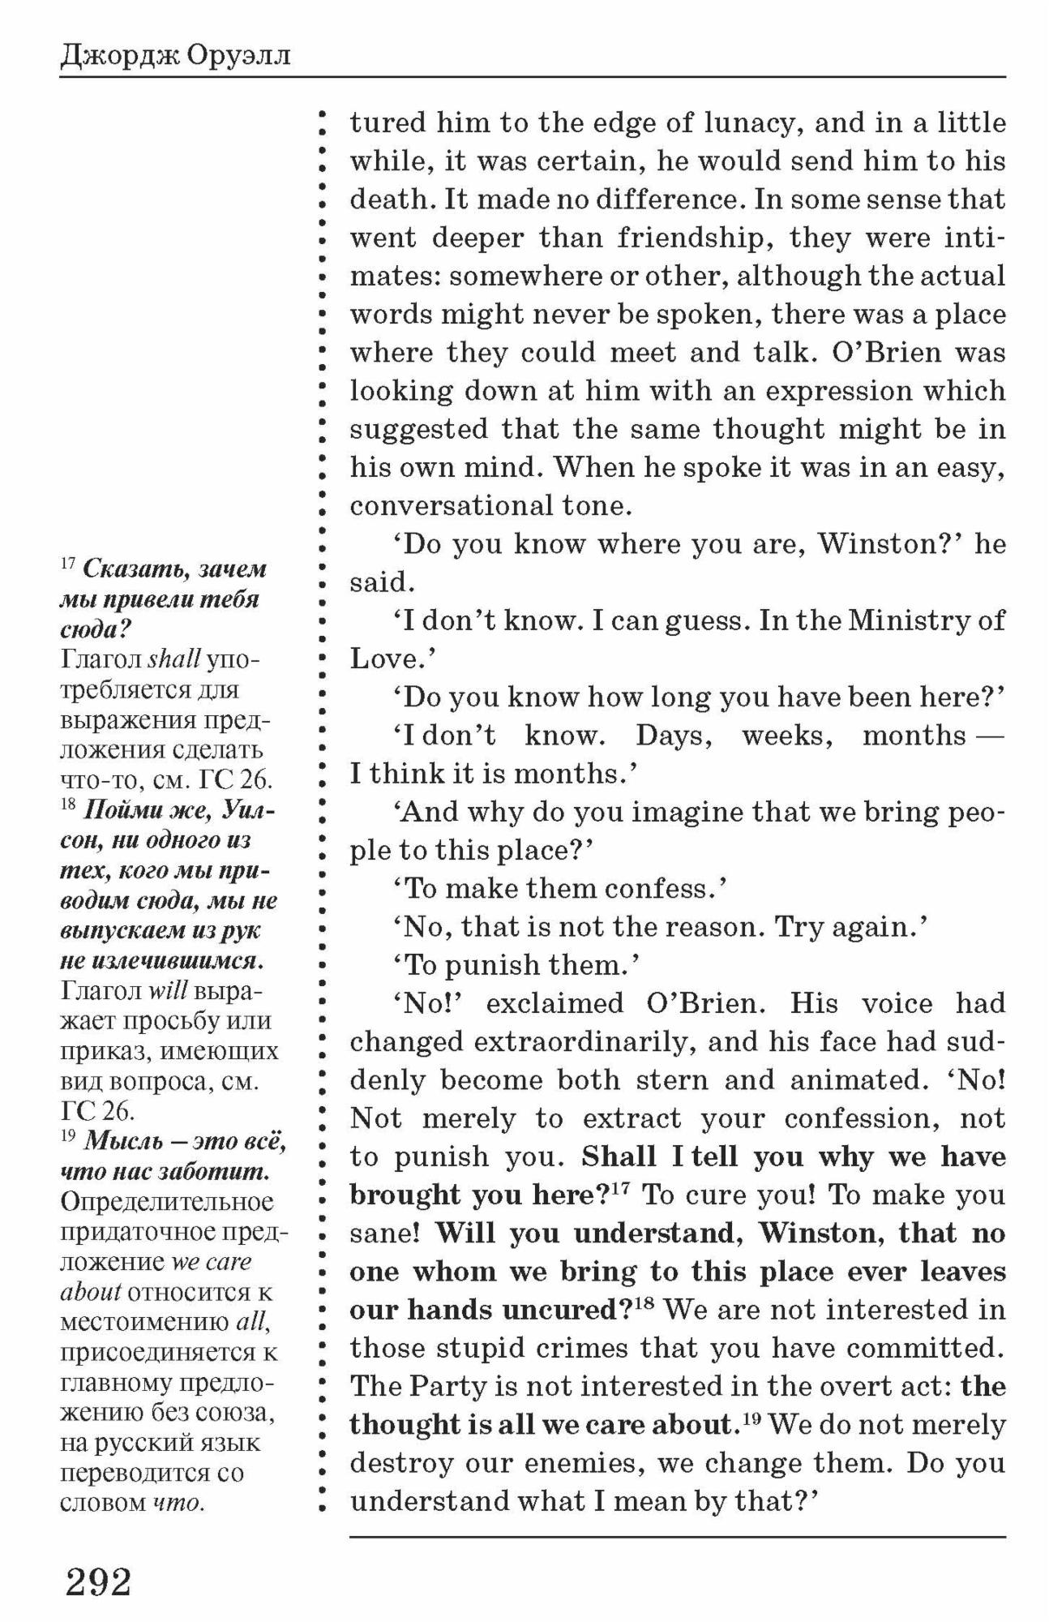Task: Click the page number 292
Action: [98, 1581]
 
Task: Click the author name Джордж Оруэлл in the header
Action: [174, 56]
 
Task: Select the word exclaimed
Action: [555, 1003]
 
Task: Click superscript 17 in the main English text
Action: [621, 1188]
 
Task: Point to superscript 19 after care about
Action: [751, 1418]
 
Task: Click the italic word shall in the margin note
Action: [173, 659]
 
